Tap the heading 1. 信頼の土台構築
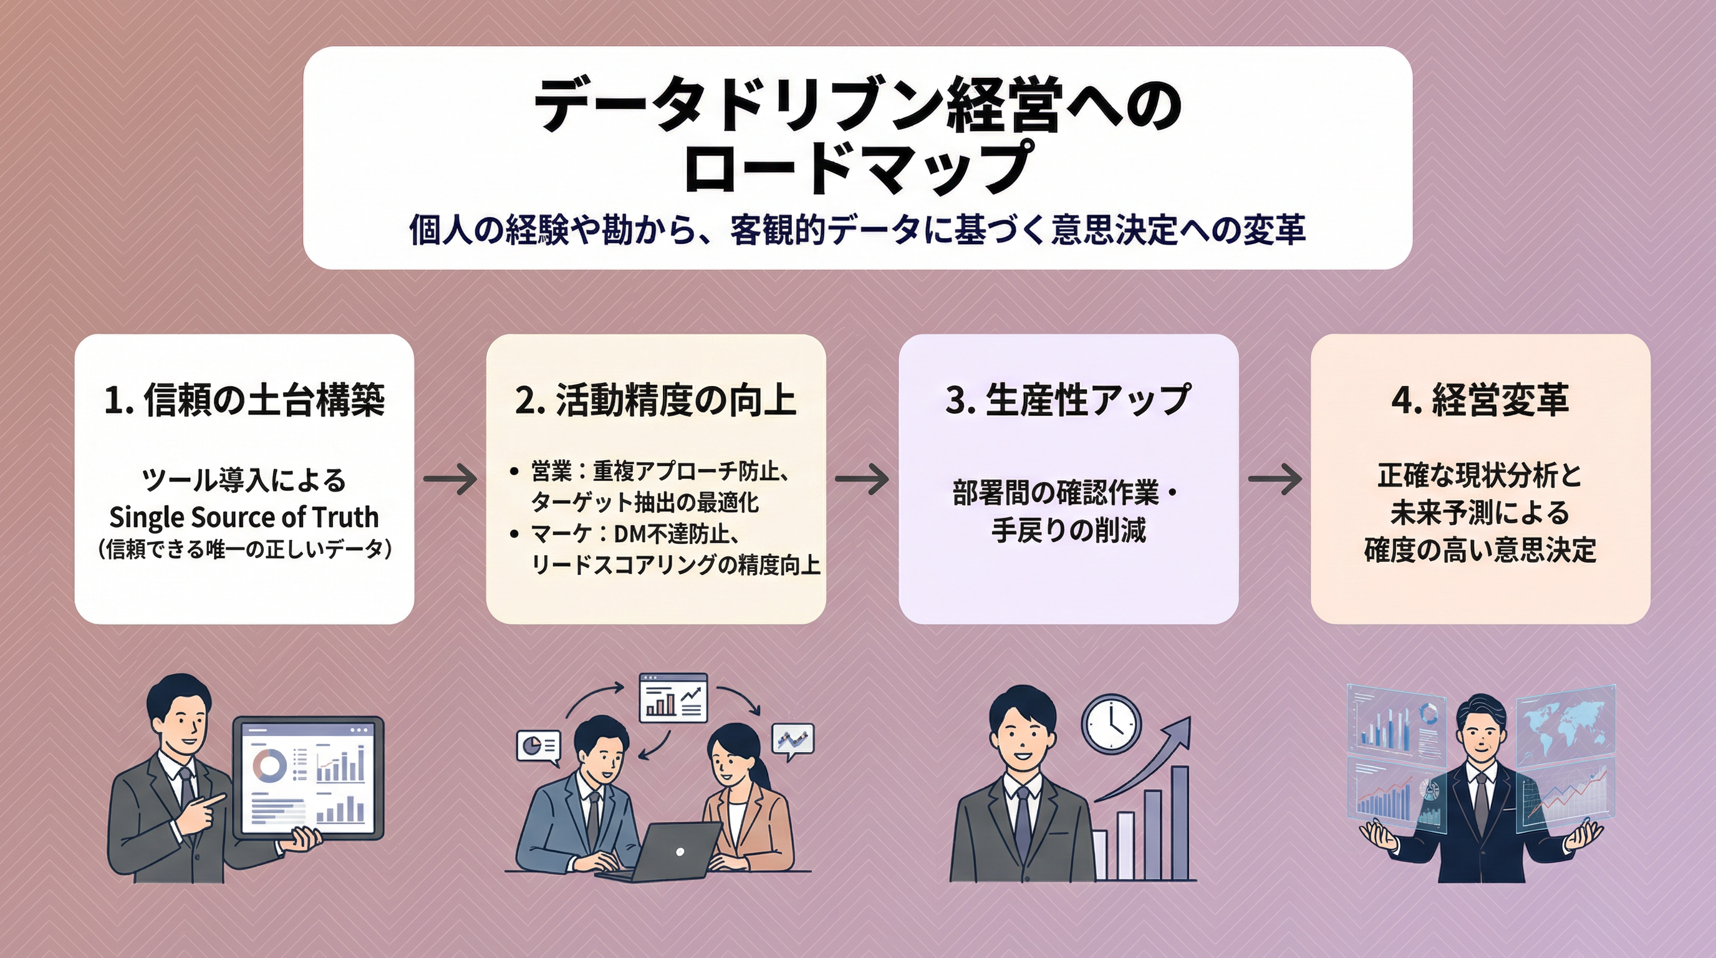tap(244, 400)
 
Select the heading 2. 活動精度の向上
tap(655, 400)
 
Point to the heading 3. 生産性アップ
tap(1068, 400)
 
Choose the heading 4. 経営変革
tap(1480, 400)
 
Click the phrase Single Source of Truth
tap(244, 517)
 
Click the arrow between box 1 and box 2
tap(450, 479)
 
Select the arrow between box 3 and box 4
tap(1275, 479)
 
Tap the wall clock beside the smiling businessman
tap(1111, 723)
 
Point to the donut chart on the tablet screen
tap(269, 765)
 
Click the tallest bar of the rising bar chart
tap(1180, 822)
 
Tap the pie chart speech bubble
tap(538, 745)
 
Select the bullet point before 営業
tap(514, 472)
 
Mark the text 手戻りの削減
tap(1068, 530)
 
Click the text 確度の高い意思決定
tap(1480, 550)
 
